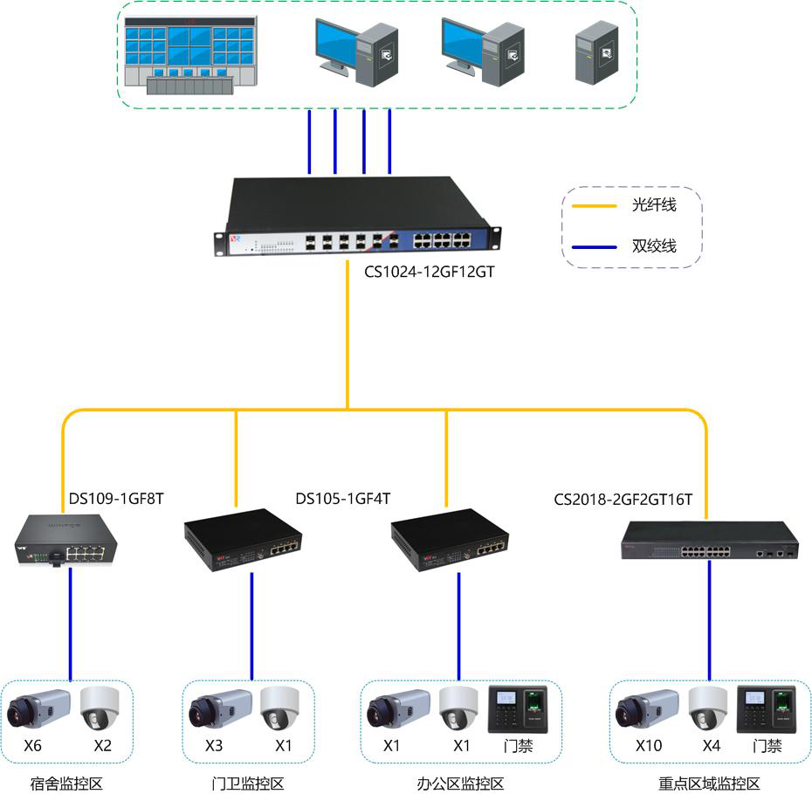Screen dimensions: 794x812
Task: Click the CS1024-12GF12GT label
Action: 430,272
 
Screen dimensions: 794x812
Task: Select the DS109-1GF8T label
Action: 116,499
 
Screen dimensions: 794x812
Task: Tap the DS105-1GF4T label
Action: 342,499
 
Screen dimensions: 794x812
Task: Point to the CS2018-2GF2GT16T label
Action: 623,500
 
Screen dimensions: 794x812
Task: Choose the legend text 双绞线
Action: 654,246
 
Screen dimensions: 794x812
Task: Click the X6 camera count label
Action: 33,746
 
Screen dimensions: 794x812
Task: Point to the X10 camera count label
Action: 649,746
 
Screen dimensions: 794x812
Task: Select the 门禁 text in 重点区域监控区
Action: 767,747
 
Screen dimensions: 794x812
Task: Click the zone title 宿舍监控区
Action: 66,783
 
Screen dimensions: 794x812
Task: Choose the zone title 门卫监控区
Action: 248,783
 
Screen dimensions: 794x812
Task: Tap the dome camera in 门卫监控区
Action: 279,709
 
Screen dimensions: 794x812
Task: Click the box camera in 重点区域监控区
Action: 647,708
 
